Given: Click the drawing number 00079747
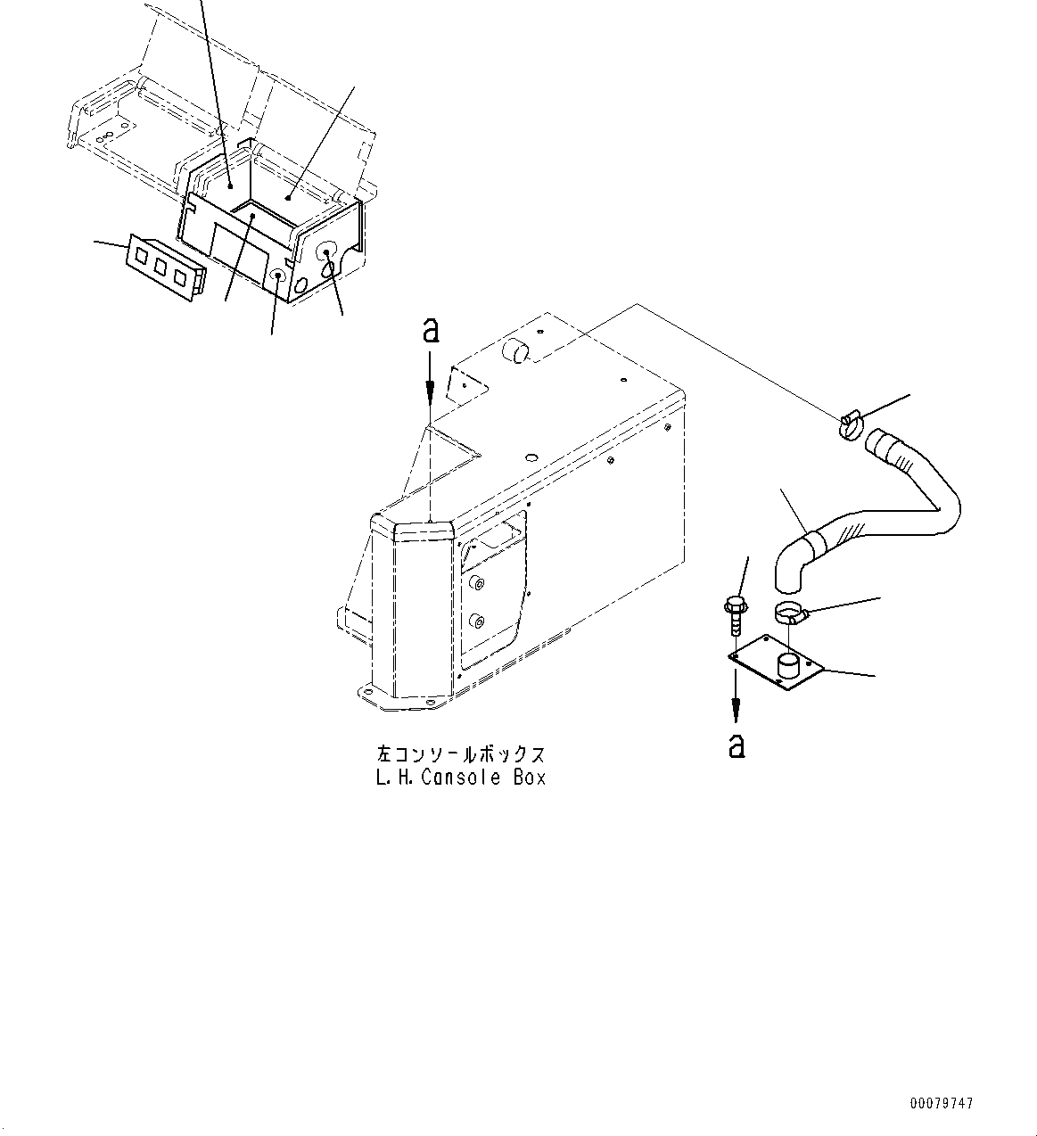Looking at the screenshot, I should [x=942, y=1104].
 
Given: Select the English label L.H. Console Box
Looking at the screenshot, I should [x=460, y=778].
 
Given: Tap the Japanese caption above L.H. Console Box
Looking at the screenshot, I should [x=460, y=754].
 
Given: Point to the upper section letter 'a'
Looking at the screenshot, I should [x=430, y=332].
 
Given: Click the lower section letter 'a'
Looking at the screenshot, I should [x=736, y=745].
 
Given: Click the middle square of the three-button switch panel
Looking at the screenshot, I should [x=162, y=268].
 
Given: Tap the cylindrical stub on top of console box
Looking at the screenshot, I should [x=516, y=351].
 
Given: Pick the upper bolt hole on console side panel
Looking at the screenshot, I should [x=479, y=584].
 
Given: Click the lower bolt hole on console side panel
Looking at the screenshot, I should [x=475, y=621].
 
